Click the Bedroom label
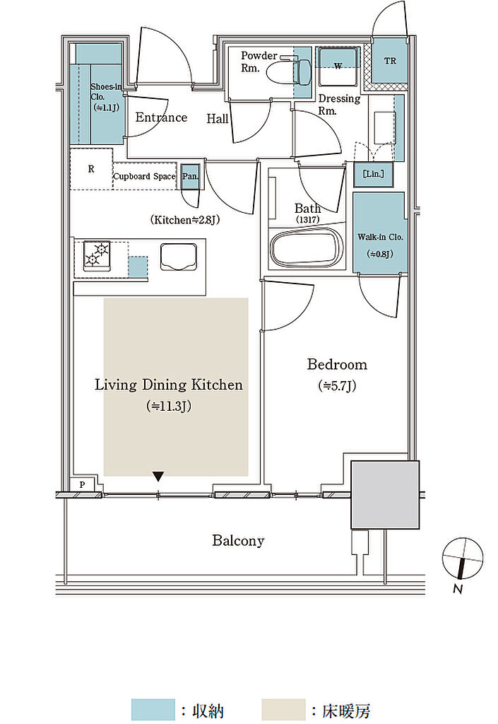[337, 364]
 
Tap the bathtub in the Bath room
[307, 249]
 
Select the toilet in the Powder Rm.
[294, 69]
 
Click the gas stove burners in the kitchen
[97, 255]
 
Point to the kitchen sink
[179, 256]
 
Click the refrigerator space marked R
[91, 169]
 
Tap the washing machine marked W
[338, 66]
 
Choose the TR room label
[390, 61]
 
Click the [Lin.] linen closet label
[373, 174]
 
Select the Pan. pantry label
[190, 176]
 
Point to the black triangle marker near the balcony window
[158, 477]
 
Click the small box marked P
[83, 484]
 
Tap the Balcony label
[238, 540]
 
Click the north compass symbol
[463, 559]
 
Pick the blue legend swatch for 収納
[153, 709]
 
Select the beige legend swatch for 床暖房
[283, 709]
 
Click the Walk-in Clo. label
[381, 238]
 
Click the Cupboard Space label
[144, 176]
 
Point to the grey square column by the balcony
[385, 494]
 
